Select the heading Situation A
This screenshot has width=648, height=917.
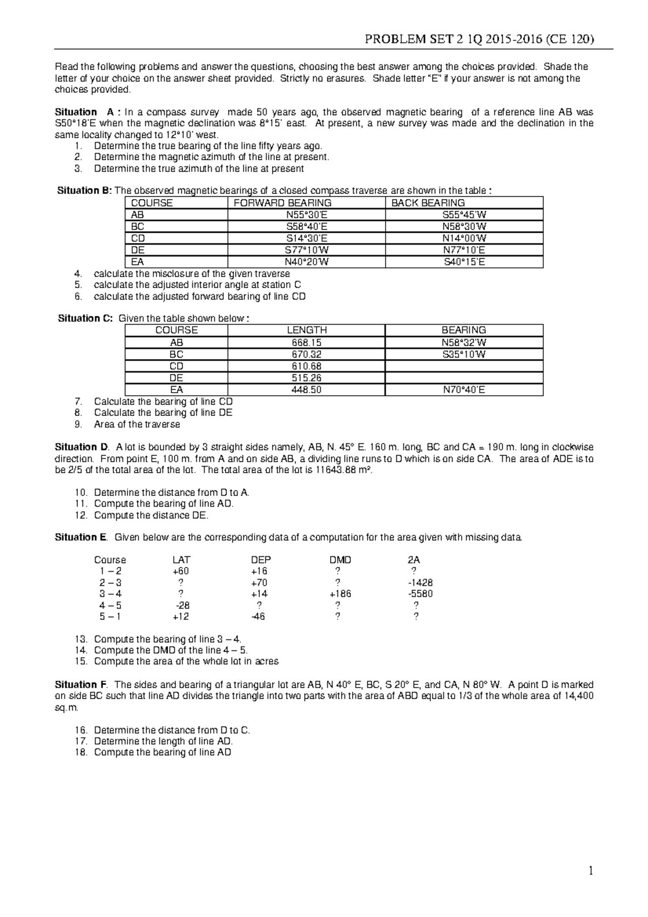85,112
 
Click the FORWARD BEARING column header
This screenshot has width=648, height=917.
282,203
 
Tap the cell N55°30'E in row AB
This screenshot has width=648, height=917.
306,215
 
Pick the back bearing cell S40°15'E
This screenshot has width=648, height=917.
464,262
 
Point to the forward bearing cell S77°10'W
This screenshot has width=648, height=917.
306,250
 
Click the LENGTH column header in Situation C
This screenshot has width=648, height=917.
306,330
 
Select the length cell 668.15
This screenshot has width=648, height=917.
306,342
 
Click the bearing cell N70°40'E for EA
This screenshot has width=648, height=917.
463,389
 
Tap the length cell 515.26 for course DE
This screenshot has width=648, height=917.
306,378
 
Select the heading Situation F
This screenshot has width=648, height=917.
81,685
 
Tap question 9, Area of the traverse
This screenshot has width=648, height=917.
137,424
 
